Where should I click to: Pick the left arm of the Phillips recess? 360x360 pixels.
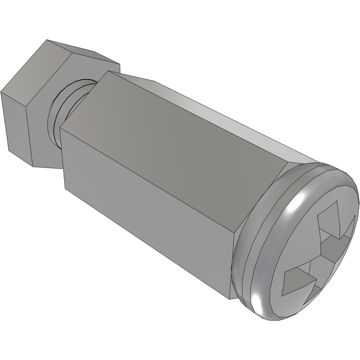297,279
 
